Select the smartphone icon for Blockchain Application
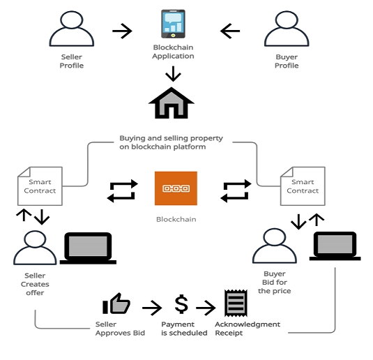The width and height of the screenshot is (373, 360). [x=173, y=24]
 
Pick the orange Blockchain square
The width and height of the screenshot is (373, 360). [x=176, y=188]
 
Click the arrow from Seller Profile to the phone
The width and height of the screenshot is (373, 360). [x=122, y=31]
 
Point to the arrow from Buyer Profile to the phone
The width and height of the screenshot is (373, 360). [x=230, y=31]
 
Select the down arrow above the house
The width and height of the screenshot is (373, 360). [x=173, y=73]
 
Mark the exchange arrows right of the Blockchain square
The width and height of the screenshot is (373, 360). [x=236, y=190]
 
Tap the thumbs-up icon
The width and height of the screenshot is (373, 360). [x=116, y=303]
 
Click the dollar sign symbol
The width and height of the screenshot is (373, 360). [x=181, y=304]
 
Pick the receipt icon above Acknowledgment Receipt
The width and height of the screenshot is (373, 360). [x=233, y=304]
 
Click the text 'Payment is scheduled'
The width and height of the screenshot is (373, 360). [x=184, y=329]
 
